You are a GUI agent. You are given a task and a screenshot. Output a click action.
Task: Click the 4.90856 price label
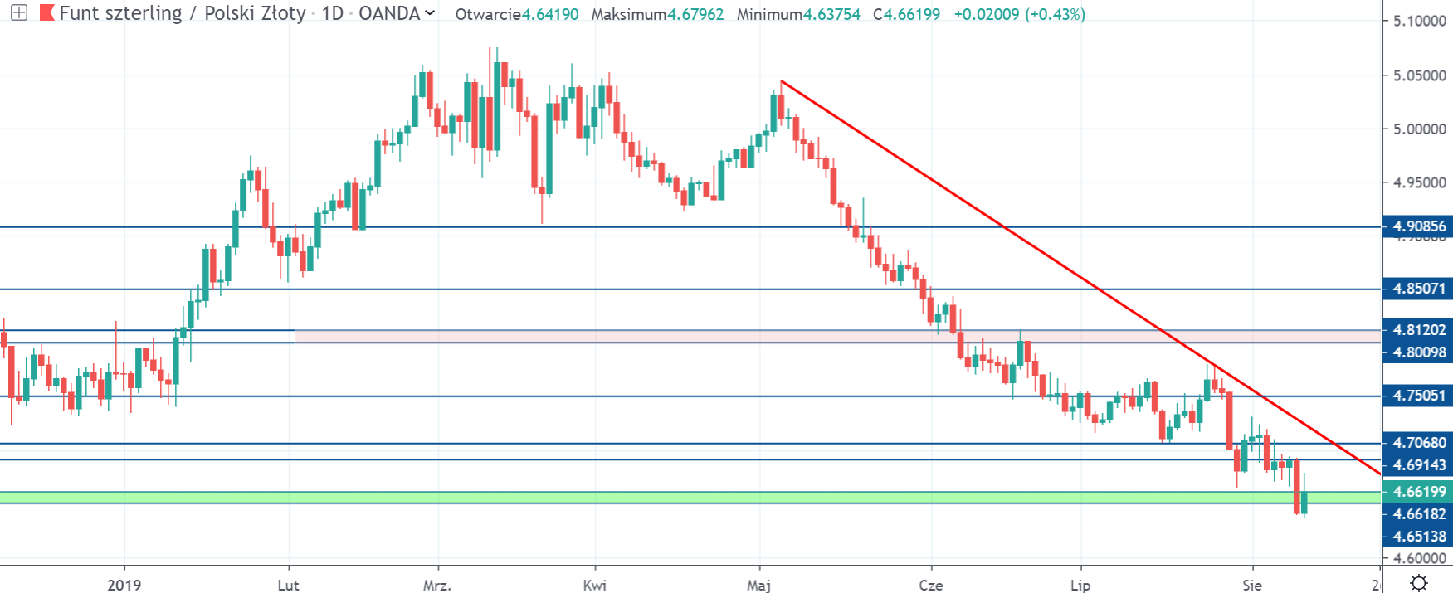[x=1418, y=226]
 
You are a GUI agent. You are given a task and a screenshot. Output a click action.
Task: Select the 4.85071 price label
[x=1418, y=289]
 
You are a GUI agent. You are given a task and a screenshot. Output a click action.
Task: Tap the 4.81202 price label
[x=1418, y=330]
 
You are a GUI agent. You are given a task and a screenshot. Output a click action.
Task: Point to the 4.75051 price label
[x=1418, y=396]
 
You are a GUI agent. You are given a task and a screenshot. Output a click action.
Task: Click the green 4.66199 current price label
[x=1418, y=492]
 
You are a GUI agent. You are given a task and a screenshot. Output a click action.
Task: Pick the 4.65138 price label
[x=1418, y=537]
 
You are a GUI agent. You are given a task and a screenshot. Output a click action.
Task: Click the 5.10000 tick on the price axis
[x=1419, y=21]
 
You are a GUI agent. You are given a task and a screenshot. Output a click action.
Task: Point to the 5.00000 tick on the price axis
[x=1419, y=129]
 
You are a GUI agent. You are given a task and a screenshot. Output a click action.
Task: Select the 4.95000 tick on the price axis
[x=1419, y=182]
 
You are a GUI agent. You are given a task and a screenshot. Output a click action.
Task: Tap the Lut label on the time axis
[x=288, y=586]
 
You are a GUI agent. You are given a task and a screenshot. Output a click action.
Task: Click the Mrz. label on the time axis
[x=437, y=586]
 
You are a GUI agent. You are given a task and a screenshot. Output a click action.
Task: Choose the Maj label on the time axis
[x=758, y=586]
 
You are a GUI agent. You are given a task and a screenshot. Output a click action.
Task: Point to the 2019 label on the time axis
[x=124, y=586]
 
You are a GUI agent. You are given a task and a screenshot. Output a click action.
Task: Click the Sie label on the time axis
[x=1252, y=586]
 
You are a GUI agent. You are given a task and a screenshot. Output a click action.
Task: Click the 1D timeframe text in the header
[x=332, y=14]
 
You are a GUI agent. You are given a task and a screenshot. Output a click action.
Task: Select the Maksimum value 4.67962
[x=695, y=15]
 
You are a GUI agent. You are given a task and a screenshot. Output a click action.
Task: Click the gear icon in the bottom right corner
[x=1419, y=582]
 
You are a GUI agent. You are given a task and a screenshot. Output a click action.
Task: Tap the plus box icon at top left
[x=18, y=13]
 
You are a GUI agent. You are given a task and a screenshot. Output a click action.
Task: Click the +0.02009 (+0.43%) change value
[x=1019, y=15]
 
